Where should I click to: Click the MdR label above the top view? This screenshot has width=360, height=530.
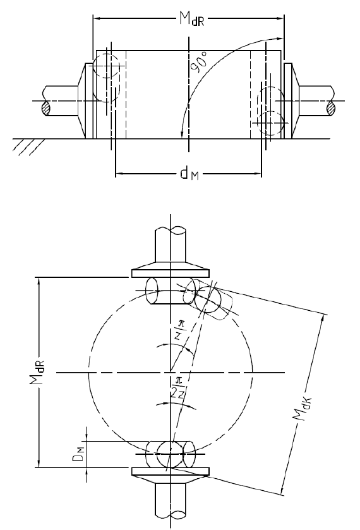tap(191, 18)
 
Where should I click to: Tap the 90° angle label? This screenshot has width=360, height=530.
tap(199, 62)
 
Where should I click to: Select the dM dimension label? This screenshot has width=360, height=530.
tap(189, 174)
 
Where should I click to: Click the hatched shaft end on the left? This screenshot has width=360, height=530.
tap(46, 109)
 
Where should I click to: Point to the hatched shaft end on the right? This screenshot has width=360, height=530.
tap(332, 109)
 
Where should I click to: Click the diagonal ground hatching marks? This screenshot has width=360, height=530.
tap(28, 147)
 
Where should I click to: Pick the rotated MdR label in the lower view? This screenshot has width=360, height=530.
tap(37, 372)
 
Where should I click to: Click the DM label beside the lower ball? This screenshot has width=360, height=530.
tap(78, 454)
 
